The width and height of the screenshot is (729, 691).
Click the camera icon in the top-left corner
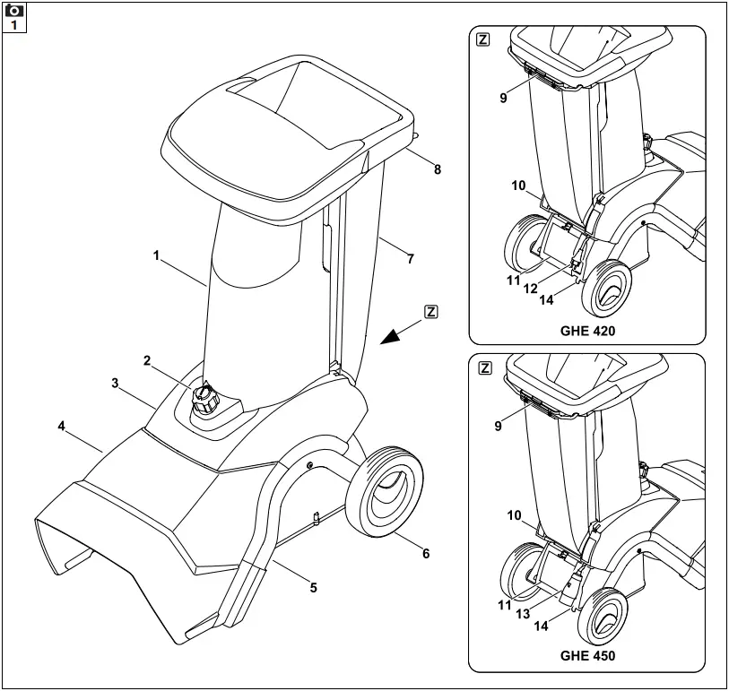pyautogui.click(x=15, y=11)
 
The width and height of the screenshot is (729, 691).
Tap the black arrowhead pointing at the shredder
pyautogui.click(x=391, y=334)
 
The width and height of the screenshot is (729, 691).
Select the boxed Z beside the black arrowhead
pyautogui.click(x=431, y=312)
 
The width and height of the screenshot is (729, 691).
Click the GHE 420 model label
pyautogui.click(x=587, y=330)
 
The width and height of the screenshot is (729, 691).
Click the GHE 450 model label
pyautogui.click(x=587, y=655)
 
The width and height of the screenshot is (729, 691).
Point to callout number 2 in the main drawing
pyautogui.click(x=146, y=360)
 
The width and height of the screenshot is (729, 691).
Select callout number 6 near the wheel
pyautogui.click(x=426, y=554)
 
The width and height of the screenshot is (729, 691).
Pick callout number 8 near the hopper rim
pyautogui.click(x=437, y=168)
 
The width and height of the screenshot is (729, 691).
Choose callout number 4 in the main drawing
pyautogui.click(x=61, y=426)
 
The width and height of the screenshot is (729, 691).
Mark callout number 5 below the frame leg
pyautogui.click(x=313, y=588)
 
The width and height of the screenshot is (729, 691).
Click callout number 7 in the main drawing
pyautogui.click(x=410, y=259)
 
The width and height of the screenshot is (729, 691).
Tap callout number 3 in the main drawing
pyautogui.click(x=116, y=383)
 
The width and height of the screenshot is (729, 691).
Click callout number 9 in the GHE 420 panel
pyautogui.click(x=504, y=98)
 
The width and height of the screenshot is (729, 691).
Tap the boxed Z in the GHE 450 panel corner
pyautogui.click(x=483, y=367)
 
